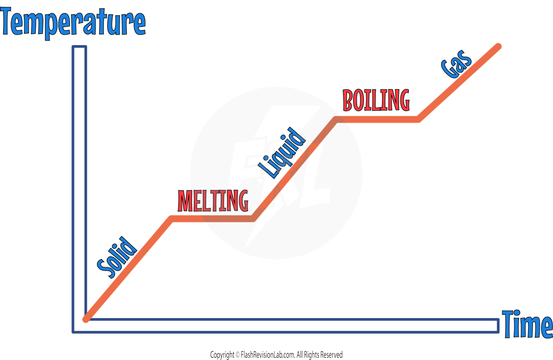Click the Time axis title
pos(527,324)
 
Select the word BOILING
pos(376,100)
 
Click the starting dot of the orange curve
pos(85,319)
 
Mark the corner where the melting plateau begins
pos(172,218)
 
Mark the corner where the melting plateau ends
pos(253,218)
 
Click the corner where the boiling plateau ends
pos(418,119)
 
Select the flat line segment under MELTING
pos(212,218)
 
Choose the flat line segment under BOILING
pos(377,119)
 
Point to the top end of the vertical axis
pos(79,48)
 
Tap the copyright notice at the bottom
pos(276,355)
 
